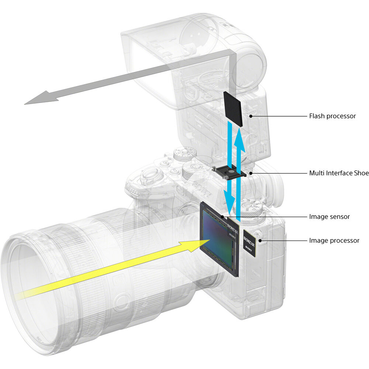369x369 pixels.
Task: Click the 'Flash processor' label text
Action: [x=332, y=116]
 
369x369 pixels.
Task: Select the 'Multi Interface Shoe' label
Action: [x=339, y=173]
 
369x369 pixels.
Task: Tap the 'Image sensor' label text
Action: [x=329, y=217]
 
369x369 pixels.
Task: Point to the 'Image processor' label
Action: [x=334, y=241]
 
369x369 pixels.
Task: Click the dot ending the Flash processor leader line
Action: [x=251, y=116]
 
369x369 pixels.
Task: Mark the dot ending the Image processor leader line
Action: [x=261, y=241]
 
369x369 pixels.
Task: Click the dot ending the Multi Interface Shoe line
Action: [x=251, y=173]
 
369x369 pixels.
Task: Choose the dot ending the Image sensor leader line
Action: [x=223, y=217]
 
